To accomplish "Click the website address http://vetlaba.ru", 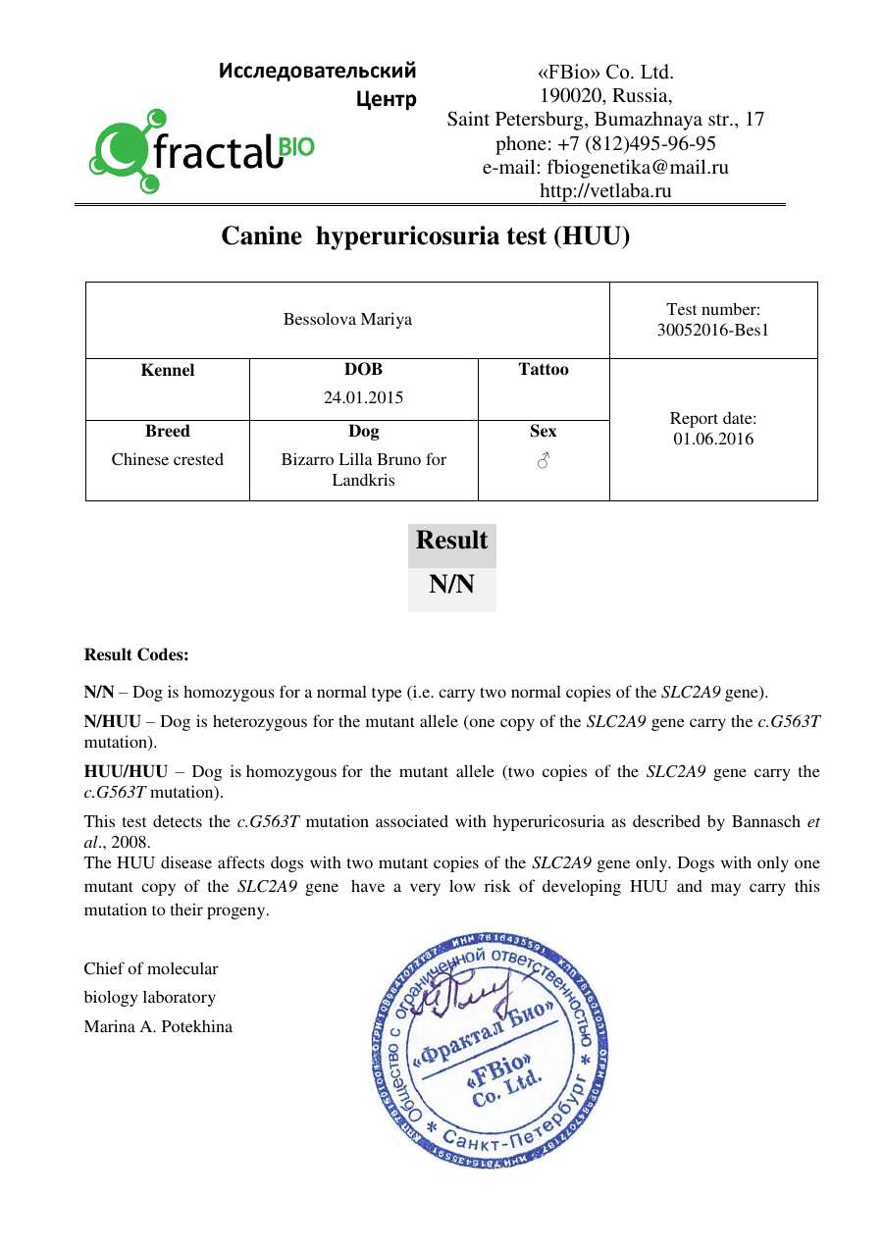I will (605, 191).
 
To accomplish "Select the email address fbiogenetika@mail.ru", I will (605, 168).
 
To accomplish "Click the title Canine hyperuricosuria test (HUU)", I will (425, 236).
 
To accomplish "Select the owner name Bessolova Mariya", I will (347, 320).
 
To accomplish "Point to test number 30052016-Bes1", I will (713, 330).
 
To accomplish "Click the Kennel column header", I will (168, 370).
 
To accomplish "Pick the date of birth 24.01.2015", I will (363, 398).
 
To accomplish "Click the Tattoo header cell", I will (544, 370).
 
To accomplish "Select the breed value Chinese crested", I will (168, 459).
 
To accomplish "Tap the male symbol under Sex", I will (544, 460).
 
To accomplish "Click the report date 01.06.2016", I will (713, 439).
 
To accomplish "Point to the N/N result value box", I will (451, 586).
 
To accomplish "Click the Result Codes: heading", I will (136, 654).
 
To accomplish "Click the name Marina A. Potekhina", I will (158, 1027).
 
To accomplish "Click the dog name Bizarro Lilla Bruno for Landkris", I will (363, 469).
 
